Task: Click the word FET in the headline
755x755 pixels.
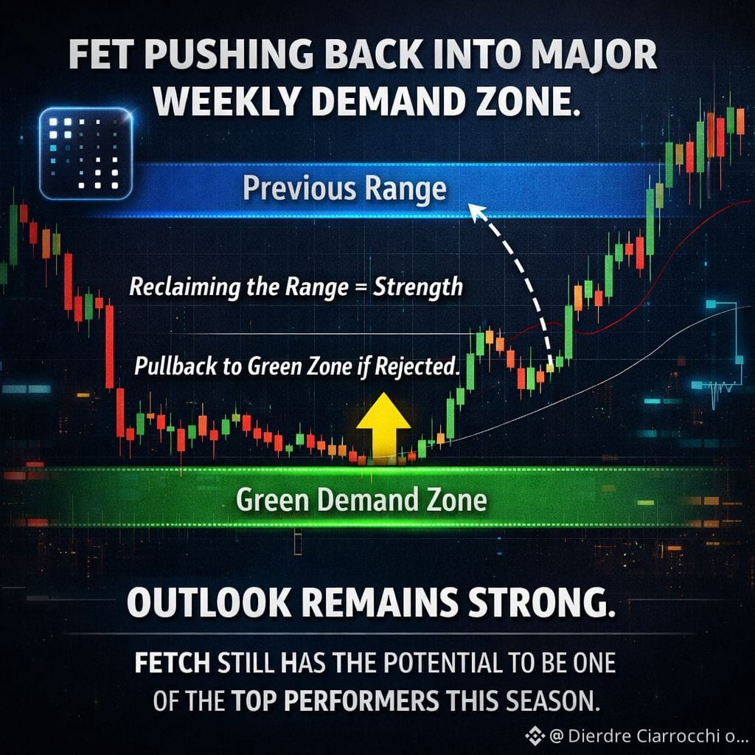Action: click(102, 54)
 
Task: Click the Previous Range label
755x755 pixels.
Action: click(345, 188)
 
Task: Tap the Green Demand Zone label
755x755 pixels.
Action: click(361, 499)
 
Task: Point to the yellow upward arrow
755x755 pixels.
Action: click(383, 428)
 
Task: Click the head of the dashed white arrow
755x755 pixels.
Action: click(477, 211)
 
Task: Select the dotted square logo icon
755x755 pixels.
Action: click(86, 153)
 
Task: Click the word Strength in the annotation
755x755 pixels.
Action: click(418, 287)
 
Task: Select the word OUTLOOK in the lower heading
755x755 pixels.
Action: click(209, 602)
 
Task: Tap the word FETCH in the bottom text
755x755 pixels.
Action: click(173, 663)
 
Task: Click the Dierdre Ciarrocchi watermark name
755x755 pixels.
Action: click(644, 736)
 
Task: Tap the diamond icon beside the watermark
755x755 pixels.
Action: click(535, 737)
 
